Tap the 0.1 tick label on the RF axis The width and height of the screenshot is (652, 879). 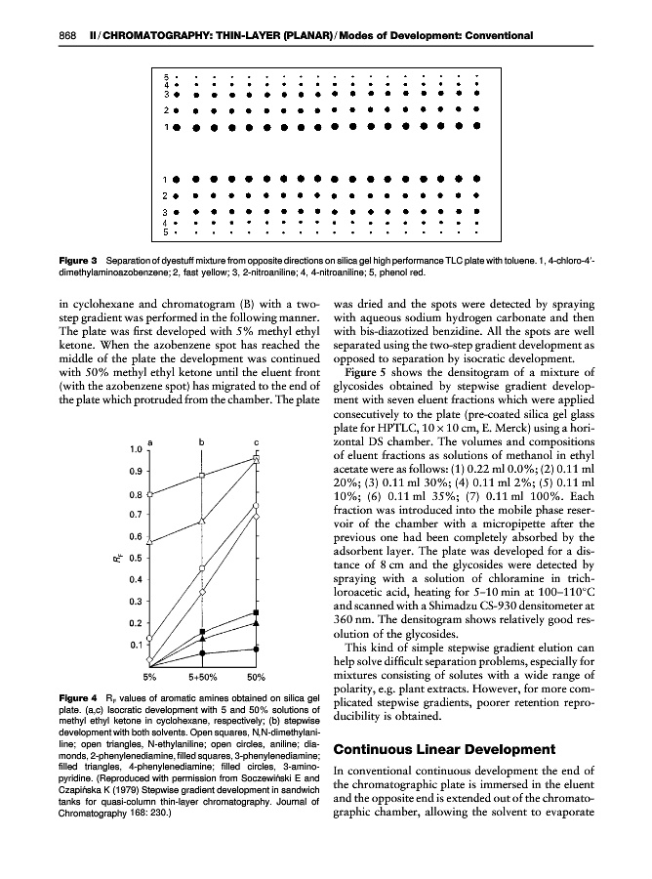click(x=137, y=645)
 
